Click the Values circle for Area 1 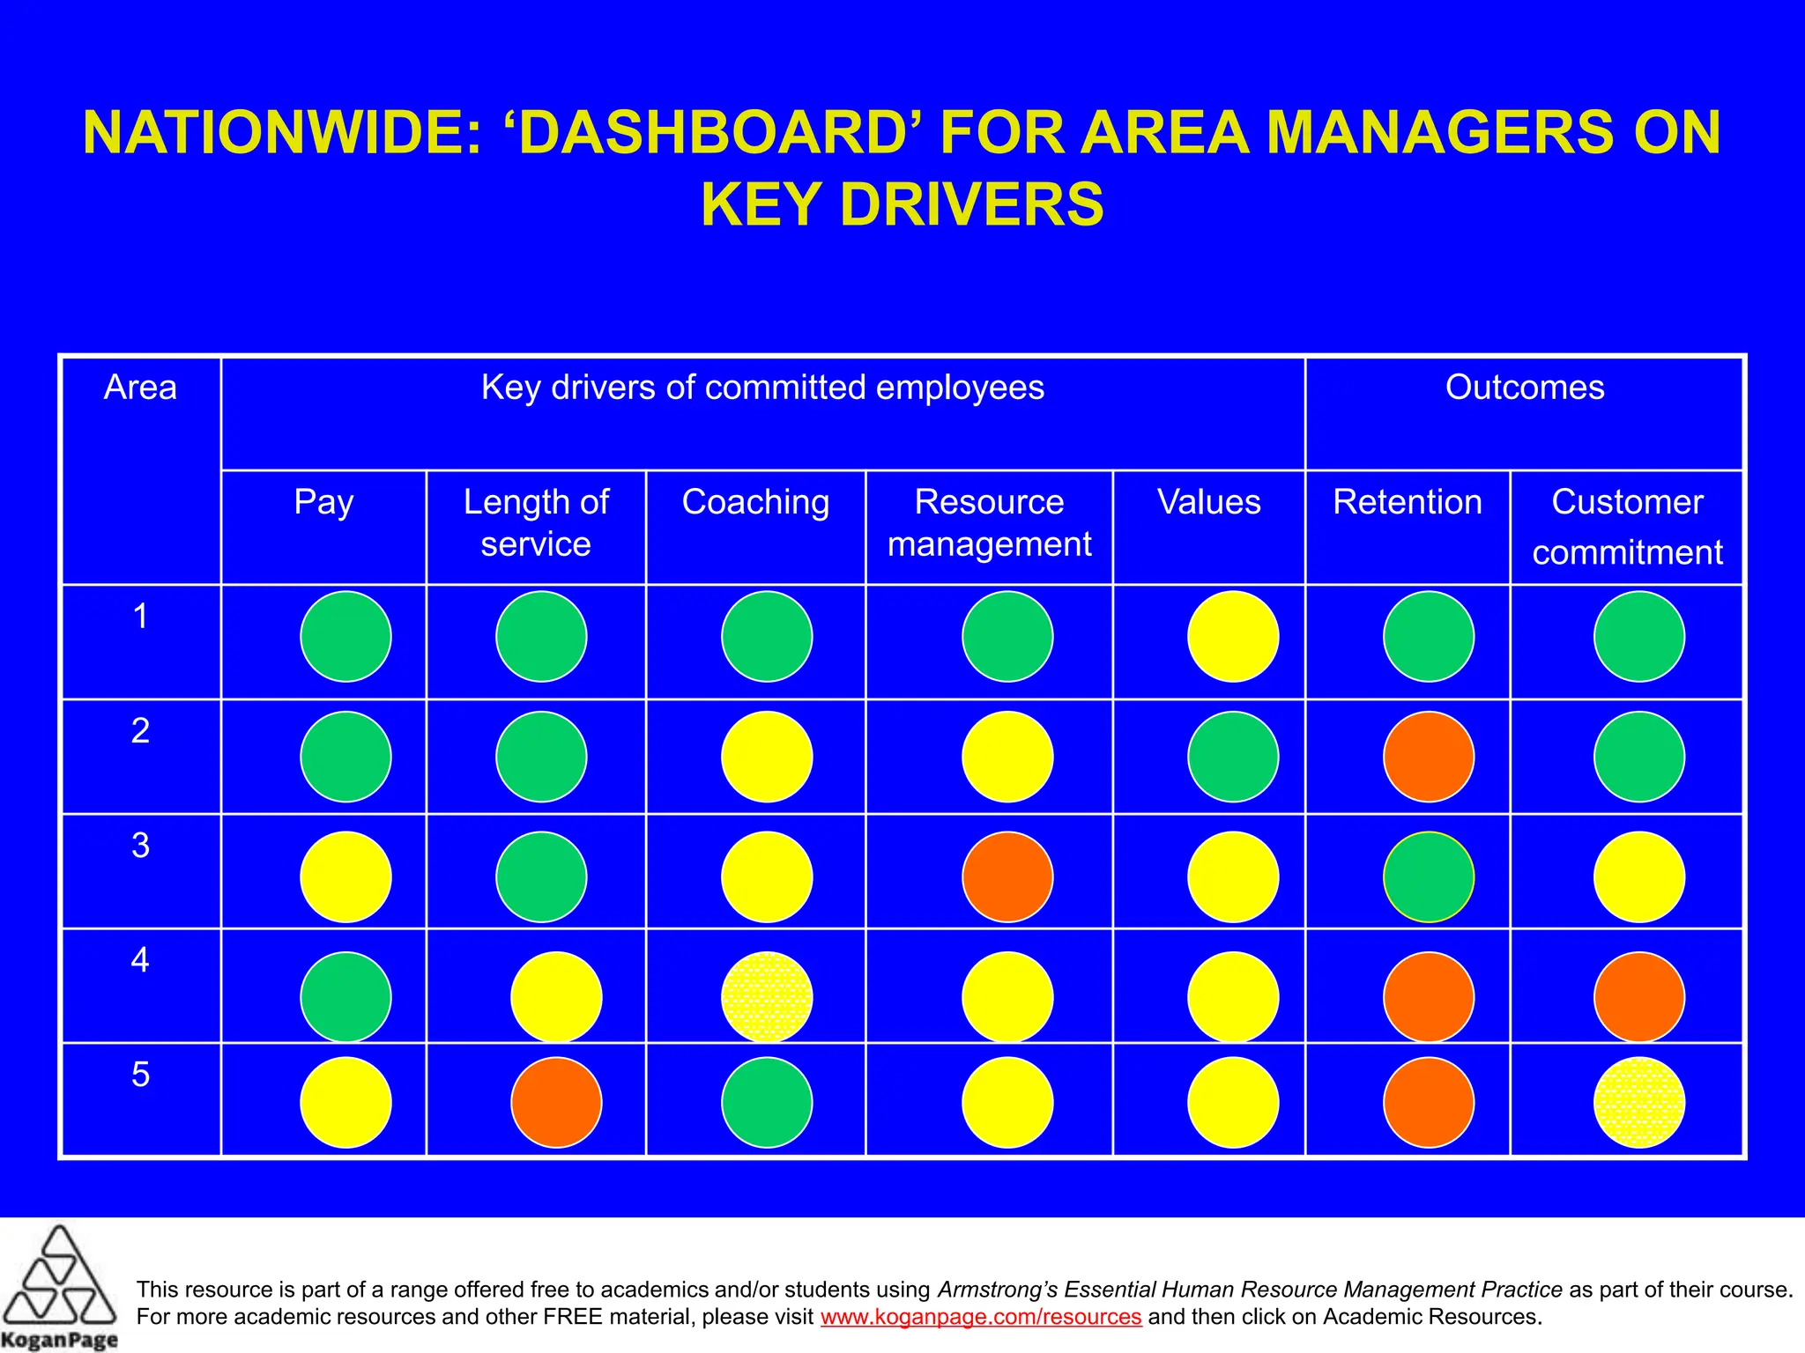pos(1233,636)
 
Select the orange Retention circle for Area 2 pos(1429,757)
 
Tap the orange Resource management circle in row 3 pos(1007,876)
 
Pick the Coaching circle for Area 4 pos(767,997)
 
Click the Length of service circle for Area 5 pos(556,1102)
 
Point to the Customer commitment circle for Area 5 pos(1639,1102)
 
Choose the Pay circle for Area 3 pos(345,876)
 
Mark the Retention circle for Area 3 pos(1429,876)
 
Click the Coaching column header pos(755,502)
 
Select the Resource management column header pos(989,522)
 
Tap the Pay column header pos(323,502)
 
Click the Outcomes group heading pos(1525,388)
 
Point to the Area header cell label pos(140,388)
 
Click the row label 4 pos(140,959)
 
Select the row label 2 pos(140,730)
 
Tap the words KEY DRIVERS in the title pos(902,204)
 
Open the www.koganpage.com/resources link pos(981,1317)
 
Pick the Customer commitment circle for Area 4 pos(1639,997)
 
